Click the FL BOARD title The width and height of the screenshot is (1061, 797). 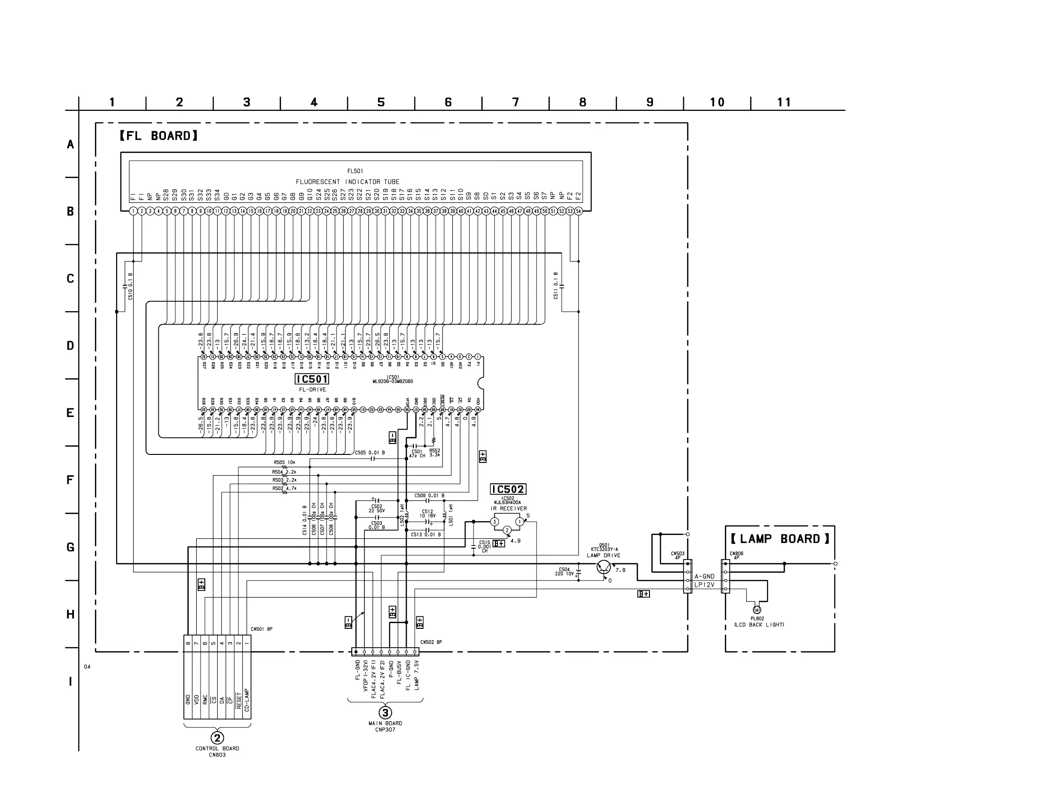click(159, 136)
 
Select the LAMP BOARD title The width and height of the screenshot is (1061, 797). click(780, 539)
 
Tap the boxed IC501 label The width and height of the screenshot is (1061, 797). click(312, 380)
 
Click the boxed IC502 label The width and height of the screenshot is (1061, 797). click(508, 489)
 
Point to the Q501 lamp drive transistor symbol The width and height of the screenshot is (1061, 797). click(604, 568)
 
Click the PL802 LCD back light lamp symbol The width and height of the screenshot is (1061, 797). click(757, 610)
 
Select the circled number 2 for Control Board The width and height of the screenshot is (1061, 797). click(217, 738)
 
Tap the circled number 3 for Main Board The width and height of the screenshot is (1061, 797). click(385, 713)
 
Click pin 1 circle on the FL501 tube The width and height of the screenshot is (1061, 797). click(133, 211)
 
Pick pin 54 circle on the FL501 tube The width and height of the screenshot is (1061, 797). click(578, 211)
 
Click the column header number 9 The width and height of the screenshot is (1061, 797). click(650, 102)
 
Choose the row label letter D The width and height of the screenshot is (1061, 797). click(70, 346)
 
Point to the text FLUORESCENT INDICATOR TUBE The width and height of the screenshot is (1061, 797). click(348, 182)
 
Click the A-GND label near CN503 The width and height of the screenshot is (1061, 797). click(704, 577)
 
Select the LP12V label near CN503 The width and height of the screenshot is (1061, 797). click(704, 585)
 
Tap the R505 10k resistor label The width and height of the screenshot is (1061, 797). click(284, 463)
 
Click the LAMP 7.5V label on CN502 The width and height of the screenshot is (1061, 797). click(416, 675)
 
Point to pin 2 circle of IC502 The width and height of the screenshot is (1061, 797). click(507, 530)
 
